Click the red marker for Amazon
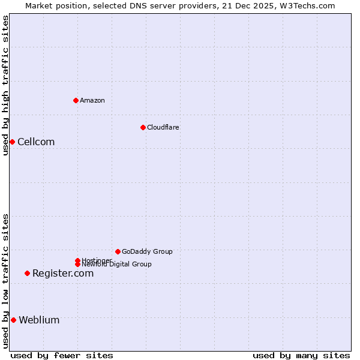tap(76, 100)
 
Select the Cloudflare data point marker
tap(143, 127)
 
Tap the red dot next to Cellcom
tap(12, 142)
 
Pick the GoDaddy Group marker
tap(118, 251)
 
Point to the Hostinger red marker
tap(77, 260)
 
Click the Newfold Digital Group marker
tap(77, 264)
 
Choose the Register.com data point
tap(27, 273)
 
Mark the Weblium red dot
tap(13, 320)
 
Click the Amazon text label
tap(92, 100)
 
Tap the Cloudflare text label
tap(163, 127)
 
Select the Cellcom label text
tap(36, 142)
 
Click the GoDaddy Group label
tap(147, 251)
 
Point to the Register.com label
tap(63, 273)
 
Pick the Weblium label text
tap(39, 320)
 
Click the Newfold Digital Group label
tap(116, 265)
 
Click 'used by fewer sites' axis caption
tap(62, 355)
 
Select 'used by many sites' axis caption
tap(301, 355)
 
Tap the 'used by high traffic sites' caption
tap(5, 85)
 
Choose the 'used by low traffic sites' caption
tap(5, 280)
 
